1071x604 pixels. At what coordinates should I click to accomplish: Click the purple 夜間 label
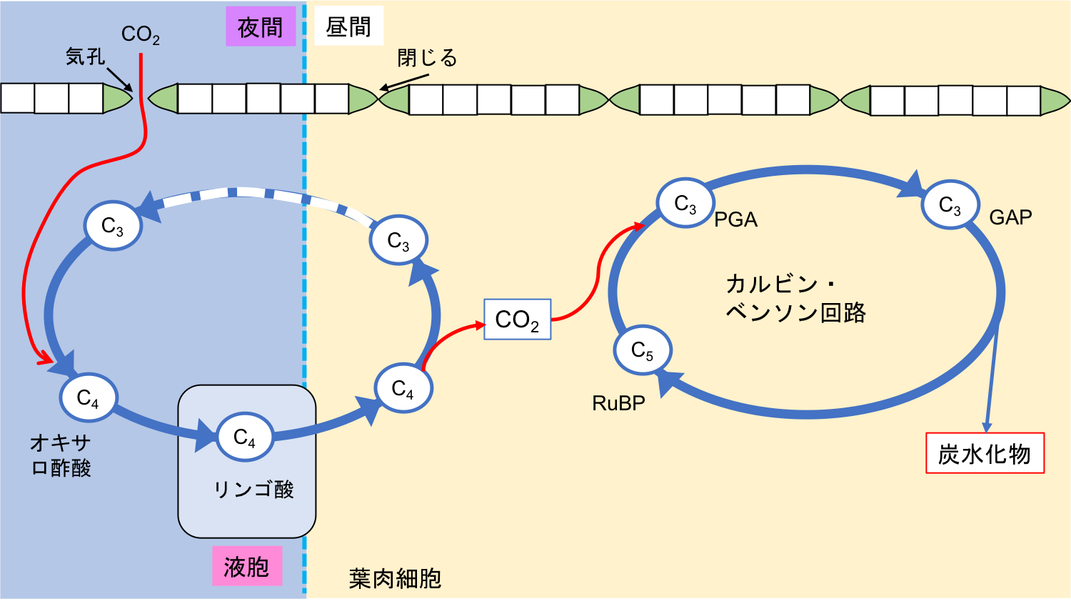261,27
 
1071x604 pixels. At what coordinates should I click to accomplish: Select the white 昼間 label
348,26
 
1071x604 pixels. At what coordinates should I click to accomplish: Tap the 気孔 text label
85,56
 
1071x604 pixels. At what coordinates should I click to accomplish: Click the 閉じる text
427,58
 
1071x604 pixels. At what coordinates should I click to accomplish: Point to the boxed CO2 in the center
517,320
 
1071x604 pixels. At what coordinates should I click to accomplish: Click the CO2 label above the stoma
140,34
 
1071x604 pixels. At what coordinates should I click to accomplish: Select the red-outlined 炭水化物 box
985,453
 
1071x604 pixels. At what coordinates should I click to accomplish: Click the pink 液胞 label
246,567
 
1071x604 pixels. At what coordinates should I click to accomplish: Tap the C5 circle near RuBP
643,350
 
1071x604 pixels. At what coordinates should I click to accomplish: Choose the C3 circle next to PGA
685,204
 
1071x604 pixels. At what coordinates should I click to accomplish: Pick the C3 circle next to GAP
950,205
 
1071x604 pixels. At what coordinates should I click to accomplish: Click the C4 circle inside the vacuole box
244,437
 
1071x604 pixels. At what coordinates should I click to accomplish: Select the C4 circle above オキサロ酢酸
88,397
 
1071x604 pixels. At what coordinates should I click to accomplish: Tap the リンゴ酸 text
253,490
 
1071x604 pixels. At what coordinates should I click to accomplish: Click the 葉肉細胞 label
395,578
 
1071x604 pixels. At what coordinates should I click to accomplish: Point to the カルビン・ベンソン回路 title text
795,298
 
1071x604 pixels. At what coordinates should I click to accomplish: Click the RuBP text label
618,403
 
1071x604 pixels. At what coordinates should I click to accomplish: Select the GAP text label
1010,217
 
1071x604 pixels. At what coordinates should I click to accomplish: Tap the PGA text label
735,219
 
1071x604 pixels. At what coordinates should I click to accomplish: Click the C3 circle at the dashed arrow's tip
113,226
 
